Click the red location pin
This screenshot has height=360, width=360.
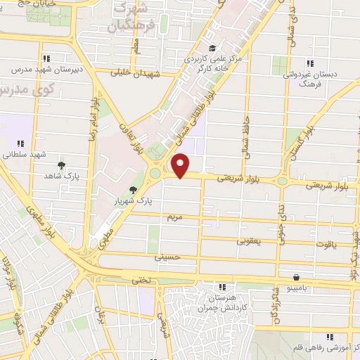181,165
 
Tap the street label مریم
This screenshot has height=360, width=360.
175,217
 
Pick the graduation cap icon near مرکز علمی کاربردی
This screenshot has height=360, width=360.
212,47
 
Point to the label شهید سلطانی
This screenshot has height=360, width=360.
23,153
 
